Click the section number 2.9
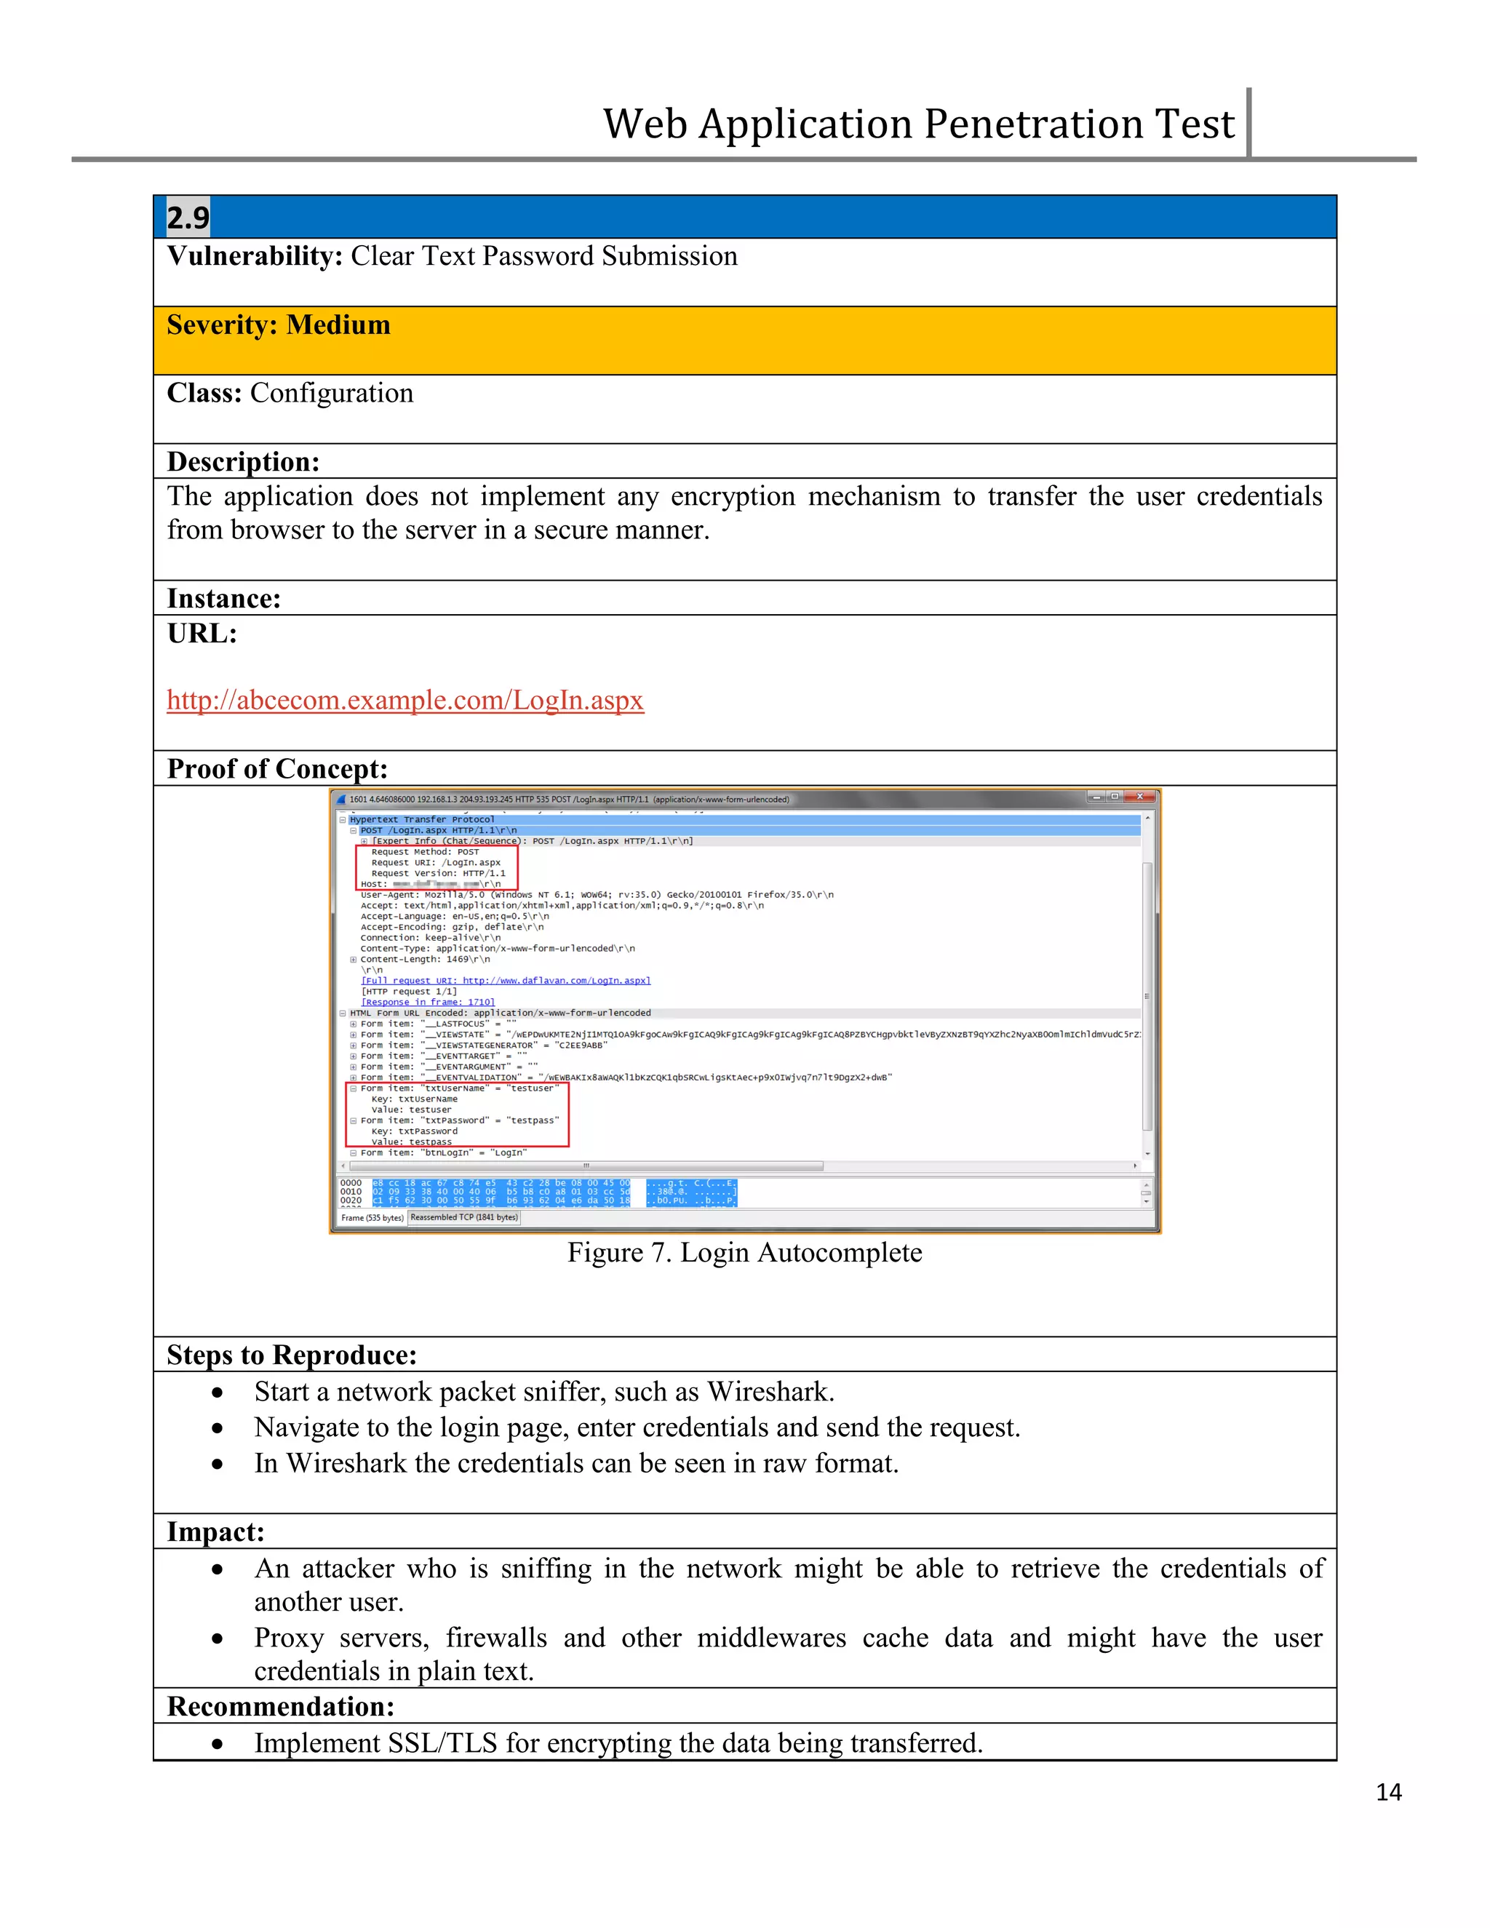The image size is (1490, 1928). coord(188,217)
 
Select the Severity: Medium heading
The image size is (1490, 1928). coord(278,325)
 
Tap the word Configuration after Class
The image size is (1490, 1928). coord(331,393)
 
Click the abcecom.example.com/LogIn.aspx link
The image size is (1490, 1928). coord(405,700)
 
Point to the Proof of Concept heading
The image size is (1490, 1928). coord(277,769)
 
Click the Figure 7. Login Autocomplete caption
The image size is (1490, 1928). coord(744,1253)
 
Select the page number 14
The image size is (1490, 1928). coord(1387,1792)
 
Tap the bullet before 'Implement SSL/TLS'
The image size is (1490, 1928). coord(217,1745)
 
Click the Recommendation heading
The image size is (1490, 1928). coord(281,1706)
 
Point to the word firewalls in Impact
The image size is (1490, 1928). coord(495,1638)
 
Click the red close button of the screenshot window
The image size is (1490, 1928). coord(1139,797)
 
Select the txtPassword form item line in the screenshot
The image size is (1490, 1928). coord(459,1120)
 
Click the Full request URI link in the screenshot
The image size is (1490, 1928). coord(505,981)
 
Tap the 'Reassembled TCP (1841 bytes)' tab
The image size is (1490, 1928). coord(464,1217)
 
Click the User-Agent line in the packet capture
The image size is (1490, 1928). coord(596,895)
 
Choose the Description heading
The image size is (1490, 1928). coord(243,462)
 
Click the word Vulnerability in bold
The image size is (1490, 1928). coord(254,256)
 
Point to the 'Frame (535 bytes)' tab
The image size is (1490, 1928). coord(372,1218)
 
